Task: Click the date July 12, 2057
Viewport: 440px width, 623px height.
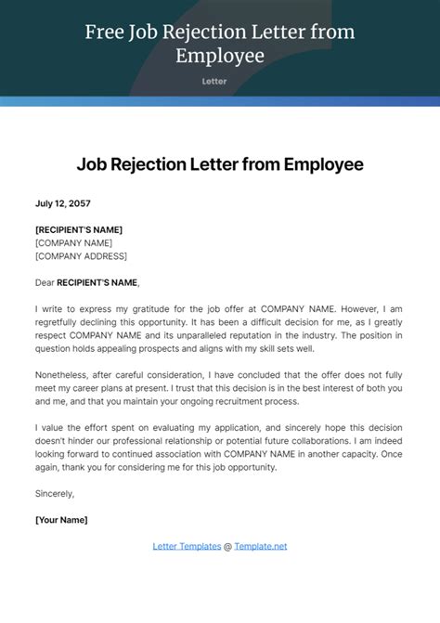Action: point(63,203)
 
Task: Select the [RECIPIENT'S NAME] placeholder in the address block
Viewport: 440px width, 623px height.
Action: point(79,229)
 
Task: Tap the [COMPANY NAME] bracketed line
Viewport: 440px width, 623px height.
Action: point(73,243)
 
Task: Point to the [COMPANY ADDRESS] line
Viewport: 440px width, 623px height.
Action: point(81,256)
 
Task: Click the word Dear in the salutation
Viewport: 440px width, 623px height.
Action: point(45,281)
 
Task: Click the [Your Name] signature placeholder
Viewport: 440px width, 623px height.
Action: point(61,520)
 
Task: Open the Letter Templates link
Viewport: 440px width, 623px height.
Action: point(187,546)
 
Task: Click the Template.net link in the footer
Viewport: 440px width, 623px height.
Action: point(261,546)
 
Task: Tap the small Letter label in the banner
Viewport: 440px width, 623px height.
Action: point(219,82)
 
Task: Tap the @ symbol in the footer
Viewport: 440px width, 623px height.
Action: point(228,546)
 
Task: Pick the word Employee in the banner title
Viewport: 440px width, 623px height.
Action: point(220,57)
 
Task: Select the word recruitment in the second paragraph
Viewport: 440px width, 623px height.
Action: point(236,401)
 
